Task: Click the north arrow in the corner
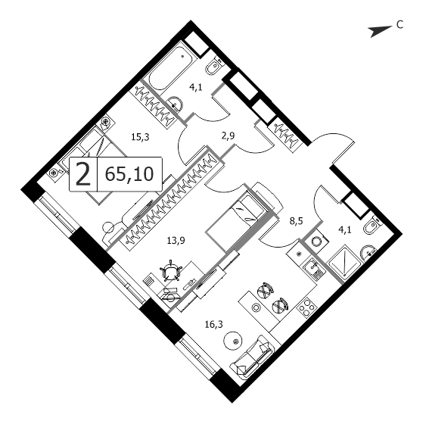click(380, 31)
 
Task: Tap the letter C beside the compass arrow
click(400, 24)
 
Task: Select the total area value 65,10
click(129, 174)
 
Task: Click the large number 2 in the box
click(83, 174)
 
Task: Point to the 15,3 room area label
click(140, 137)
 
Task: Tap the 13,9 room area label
click(176, 240)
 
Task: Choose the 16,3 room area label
click(214, 324)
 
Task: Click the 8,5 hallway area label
click(296, 221)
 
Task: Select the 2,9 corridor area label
click(228, 136)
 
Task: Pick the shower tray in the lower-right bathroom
click(344, 260)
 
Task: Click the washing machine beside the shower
click(316, 240)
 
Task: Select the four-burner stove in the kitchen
click(306, 309)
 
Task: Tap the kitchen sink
click(313, 268)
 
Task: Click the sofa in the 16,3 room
click(253, 357)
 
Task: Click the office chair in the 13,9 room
click(171, 271)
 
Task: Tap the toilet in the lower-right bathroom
click(373, 225)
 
